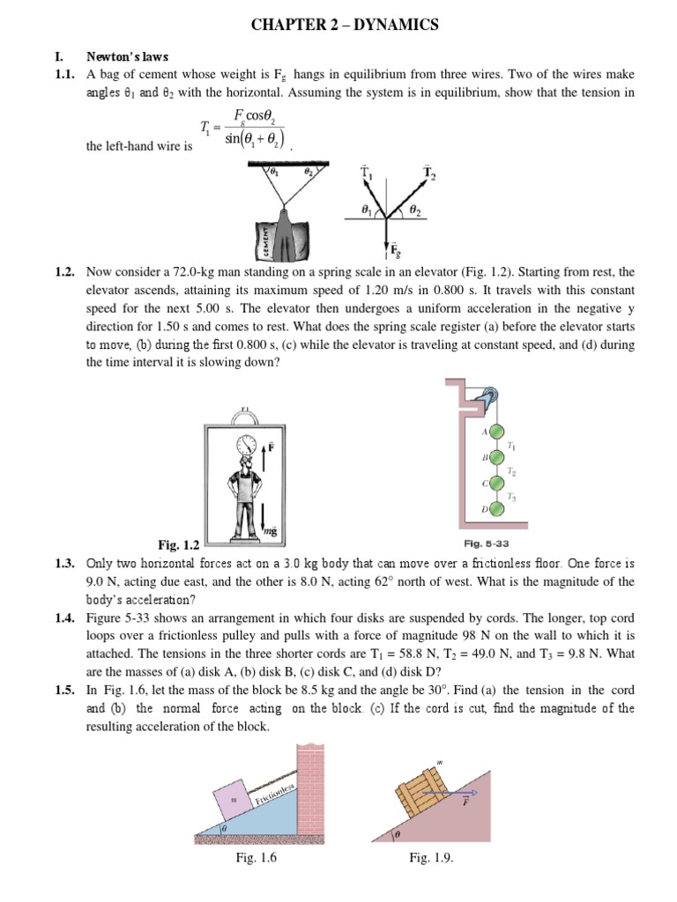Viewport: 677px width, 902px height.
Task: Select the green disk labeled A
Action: click(x=497, y=433)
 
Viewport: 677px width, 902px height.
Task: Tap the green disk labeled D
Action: click(x=497, y=509)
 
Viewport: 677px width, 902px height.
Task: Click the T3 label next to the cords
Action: click(x=512, y=497)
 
